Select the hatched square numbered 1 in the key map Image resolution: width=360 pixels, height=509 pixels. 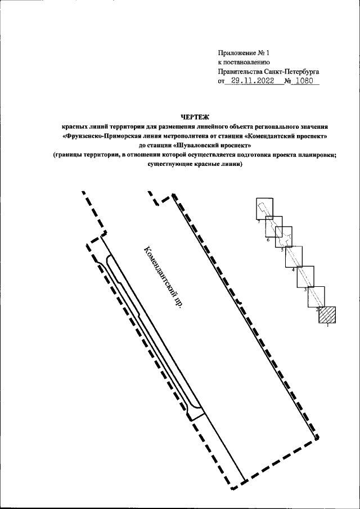[x=327, y=315]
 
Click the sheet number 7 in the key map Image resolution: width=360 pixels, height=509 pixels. [x=258, y=223]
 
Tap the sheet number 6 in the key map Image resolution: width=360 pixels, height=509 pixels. [x=268, y=240]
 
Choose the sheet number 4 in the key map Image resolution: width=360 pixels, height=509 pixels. [x=292, y=270]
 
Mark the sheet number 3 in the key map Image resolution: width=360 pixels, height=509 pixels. [x=305, y=289]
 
